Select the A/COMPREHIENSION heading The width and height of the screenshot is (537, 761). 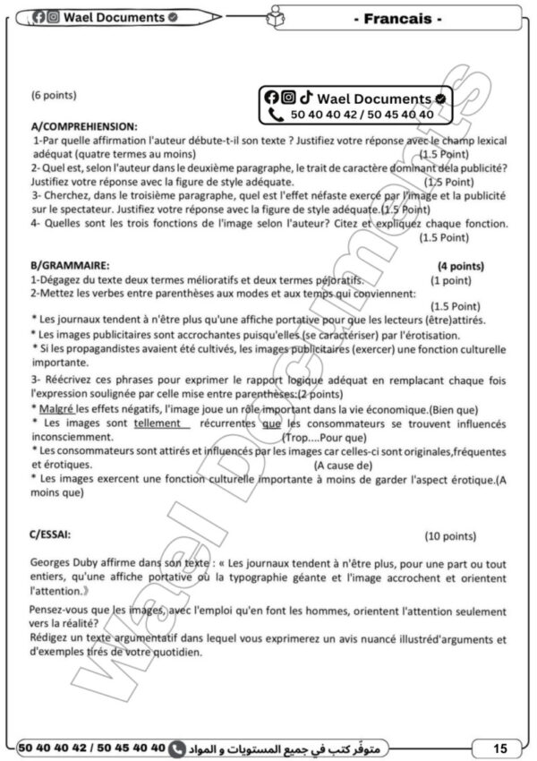pos(84,127)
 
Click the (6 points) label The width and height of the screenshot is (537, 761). pos(54,95)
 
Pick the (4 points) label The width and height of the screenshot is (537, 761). pos(460,266)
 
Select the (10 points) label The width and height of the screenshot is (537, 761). pos(449,536)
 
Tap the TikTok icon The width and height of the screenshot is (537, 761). pos(306,98)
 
